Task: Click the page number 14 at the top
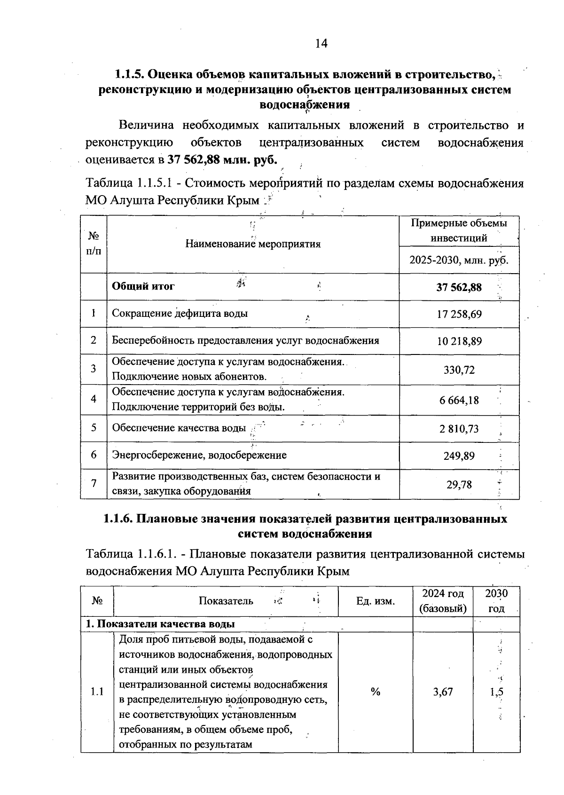pyautogui.click(x=321, y=44)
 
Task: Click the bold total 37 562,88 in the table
pyautogui.click(x=459, y=287)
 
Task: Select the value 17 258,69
pyautogui.click(x=459, y=314)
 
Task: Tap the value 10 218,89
pyautogui.click(x=459, y=341)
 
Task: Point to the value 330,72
pyautogui.click(x=459, y=370)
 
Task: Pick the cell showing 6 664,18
pyautogui.click(x=459, y=400)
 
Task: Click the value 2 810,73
pyautogui.click(x=459, y=428)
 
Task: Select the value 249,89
pyautogui.click(x=459, y=456)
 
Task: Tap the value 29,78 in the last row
pyautogui.click(x=459, y=484)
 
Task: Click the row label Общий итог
pyautogui.click(x=143, y=286)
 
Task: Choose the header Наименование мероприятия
pyautogui.click(x=253, y=244)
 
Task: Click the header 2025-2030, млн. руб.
pyautogui.click(x=459, y=260)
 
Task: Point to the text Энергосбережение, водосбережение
pyautogui.click(x=199, y=455)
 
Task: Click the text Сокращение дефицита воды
pyautogui.click(x=180, y=314)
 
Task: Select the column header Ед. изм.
pyautogui.click(x=376, y=601)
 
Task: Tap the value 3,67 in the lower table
pyautogui.click(x=443, y=692)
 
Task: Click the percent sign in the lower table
pyautogui.click(x=375, y=692)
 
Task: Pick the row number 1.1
pyautogui.click(x=97, y=692)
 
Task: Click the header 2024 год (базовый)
pyautogui.click(x=443, y=601)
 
